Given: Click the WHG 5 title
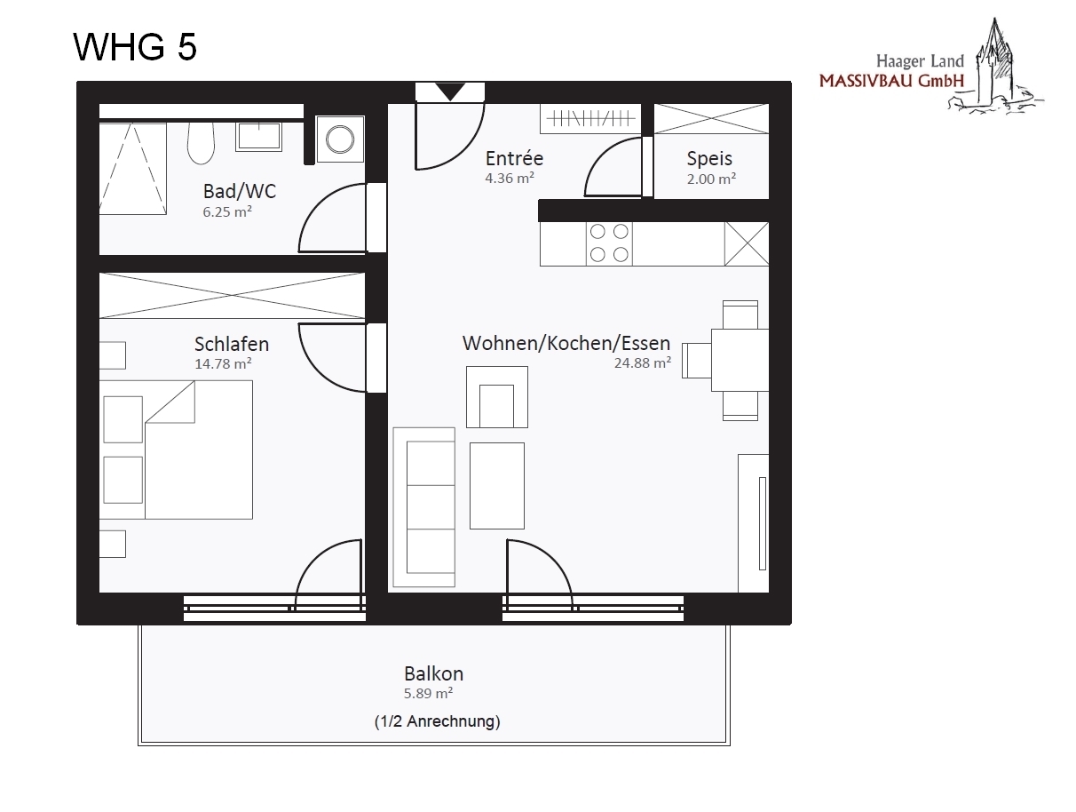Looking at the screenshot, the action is [135, 47].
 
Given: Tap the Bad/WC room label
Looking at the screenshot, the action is [239, 191].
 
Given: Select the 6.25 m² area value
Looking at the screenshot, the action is [227, 211].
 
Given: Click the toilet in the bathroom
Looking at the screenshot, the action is [201, 143].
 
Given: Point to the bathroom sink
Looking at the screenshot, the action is [258, 136].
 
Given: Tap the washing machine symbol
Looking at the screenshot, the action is [340, 139].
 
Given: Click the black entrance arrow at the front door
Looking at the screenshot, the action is [450, 92].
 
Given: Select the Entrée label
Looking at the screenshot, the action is [514, 158].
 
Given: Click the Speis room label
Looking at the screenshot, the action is [708, 158].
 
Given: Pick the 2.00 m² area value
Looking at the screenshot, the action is [711, 179].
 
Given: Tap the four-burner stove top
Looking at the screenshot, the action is [609, 243].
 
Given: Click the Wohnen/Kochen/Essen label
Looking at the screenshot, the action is [566, 343].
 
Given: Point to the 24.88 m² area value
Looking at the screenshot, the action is [642, 362].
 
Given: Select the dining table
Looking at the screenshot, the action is [740, 361].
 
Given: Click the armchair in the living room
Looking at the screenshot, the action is [496, 397].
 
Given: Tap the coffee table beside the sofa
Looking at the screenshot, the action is [496, 486].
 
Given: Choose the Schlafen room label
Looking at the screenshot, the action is [232, 344].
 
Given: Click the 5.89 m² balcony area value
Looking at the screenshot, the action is [428, 693].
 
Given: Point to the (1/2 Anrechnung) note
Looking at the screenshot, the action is [438, 721].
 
